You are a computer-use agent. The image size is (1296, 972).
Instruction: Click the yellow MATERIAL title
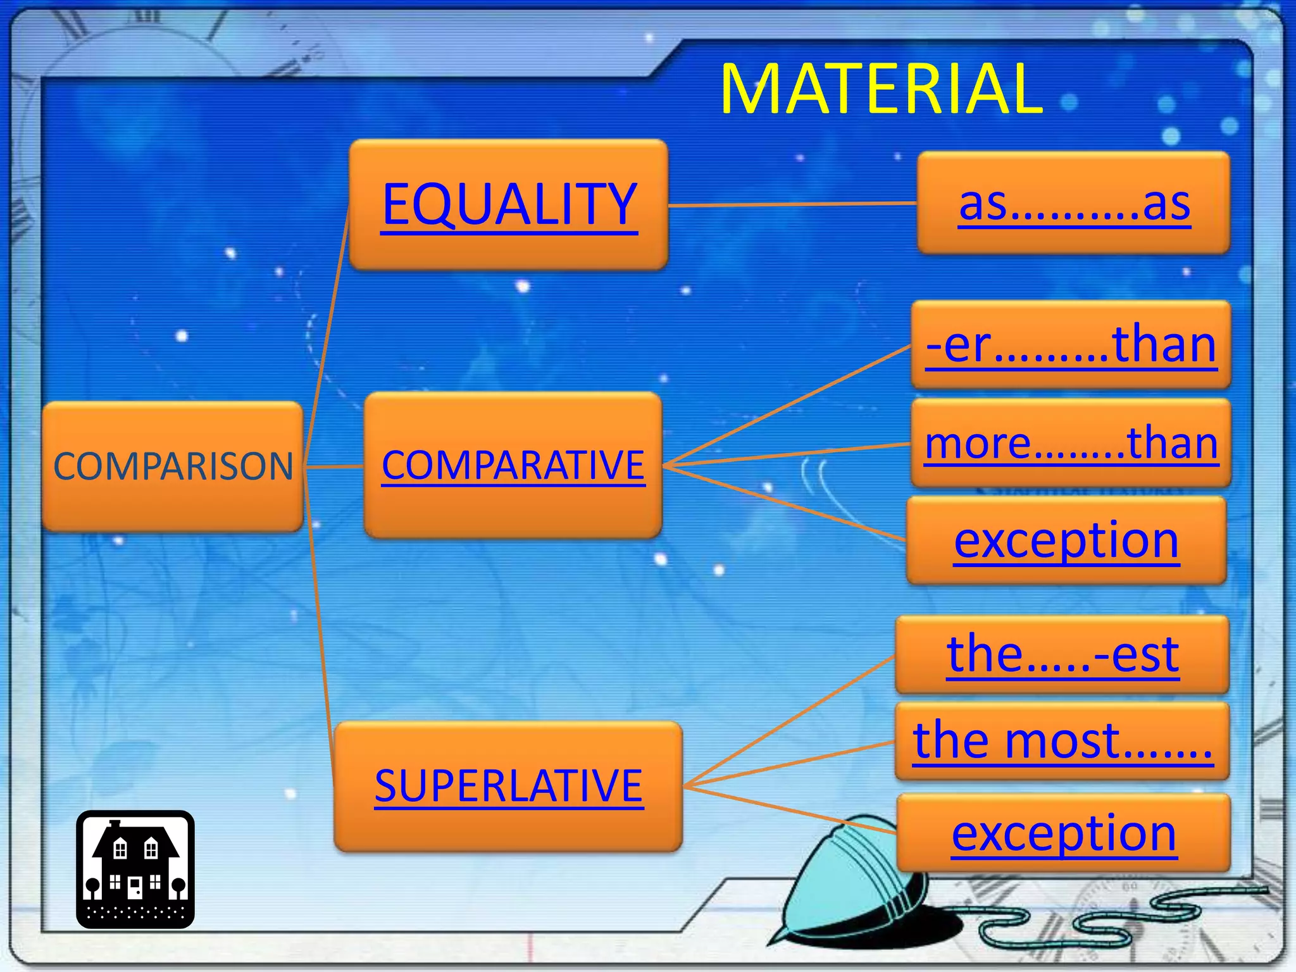pos(881,90)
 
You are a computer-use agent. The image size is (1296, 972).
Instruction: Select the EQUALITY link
pos(509,204)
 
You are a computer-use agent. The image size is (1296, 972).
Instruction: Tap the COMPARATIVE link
pos(513,466)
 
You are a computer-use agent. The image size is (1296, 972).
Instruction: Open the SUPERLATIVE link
pos(509,786)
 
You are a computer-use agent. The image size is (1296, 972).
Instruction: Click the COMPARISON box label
pos(173,466)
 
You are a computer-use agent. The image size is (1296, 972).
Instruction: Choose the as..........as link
pos(1075,204)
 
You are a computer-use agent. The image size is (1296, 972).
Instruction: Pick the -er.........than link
pos(1071,345)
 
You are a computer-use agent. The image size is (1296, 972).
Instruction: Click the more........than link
pos(1071,443)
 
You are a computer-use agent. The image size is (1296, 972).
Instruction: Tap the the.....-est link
pos(1063,654)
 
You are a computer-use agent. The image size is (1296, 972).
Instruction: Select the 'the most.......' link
pos(1063,740)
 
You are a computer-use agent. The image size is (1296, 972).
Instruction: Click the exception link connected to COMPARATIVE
pos(1067,540)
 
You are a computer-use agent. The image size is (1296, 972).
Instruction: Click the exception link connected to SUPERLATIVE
pos(1064,833)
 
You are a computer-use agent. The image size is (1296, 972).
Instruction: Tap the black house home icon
pos(135,869)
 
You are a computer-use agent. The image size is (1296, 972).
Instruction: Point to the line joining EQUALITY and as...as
pos(791,204)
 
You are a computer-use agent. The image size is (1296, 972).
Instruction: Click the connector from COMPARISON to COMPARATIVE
pos(334,467)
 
